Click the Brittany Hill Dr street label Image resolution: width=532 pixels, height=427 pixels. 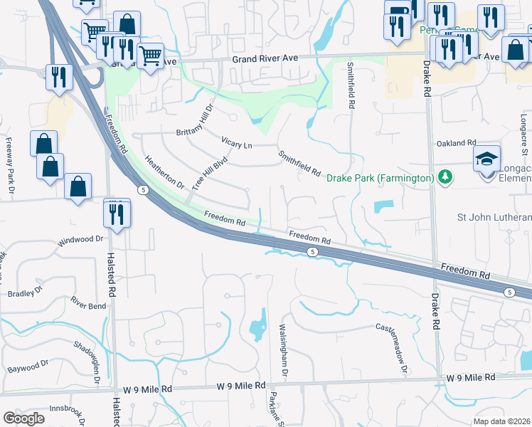[194, 122]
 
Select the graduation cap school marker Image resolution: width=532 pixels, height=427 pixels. [487, 158]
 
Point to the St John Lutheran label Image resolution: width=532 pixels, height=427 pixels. [495, 217]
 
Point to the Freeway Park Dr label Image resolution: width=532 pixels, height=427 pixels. [10, 160]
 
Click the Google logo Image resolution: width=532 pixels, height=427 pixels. [24, 418]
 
